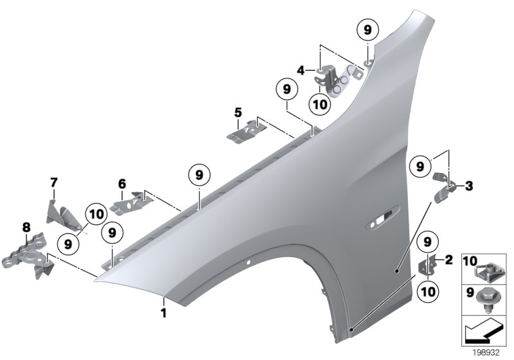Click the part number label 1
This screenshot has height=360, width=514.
[163, 313]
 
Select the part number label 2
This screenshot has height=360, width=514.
[448, 260]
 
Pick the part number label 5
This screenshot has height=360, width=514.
[238, 113]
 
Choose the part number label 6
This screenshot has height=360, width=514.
[121, 183]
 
